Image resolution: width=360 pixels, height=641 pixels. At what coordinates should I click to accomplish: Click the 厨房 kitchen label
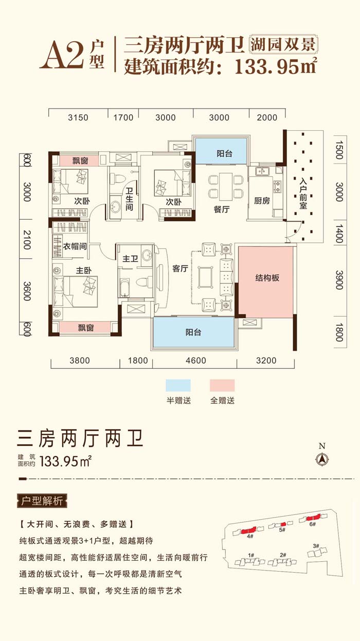coord(262,201)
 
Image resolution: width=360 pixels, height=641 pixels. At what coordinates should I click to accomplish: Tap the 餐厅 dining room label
coord(222,209)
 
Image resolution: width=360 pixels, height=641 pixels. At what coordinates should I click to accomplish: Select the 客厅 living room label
coord(180,269)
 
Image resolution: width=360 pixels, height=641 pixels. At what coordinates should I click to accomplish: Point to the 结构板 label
coord(267,278)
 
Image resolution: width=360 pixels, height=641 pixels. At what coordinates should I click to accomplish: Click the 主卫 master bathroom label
coord(130,259)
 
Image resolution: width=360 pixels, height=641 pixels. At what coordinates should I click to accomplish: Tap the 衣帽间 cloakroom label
coord(75,246)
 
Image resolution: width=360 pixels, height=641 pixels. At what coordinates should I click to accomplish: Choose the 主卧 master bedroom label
coord(83,271)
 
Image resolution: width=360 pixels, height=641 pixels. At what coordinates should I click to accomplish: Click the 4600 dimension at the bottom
coord(196,360)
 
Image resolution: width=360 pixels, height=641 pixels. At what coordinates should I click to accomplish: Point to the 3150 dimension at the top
coord(78,118)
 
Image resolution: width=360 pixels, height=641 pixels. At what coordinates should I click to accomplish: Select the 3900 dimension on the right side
coord(339,280)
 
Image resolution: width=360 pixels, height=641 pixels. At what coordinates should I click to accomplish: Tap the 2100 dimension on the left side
coord(27,240)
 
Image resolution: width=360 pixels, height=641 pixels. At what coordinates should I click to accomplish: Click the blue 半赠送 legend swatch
coord(178,385)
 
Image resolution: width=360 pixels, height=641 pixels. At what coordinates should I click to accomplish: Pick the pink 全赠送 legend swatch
coord(222,385)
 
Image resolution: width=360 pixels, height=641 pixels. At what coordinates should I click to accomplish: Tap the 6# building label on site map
coord(313,524)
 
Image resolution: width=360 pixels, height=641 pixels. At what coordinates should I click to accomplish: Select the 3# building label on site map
coord(316,546)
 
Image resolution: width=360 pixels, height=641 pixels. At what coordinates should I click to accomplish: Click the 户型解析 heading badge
coord(42,501)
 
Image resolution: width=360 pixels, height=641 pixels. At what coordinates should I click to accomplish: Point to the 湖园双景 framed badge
coord(283,45)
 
